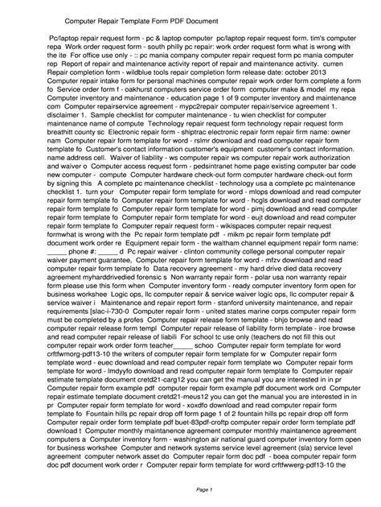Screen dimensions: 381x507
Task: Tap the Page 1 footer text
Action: coord(190,490)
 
